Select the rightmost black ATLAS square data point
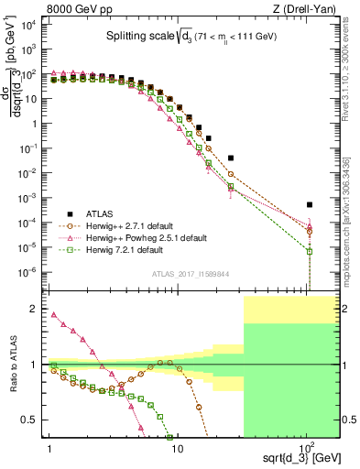[310, 204]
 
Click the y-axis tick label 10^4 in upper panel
[29, 26]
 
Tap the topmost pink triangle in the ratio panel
[53, 314]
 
